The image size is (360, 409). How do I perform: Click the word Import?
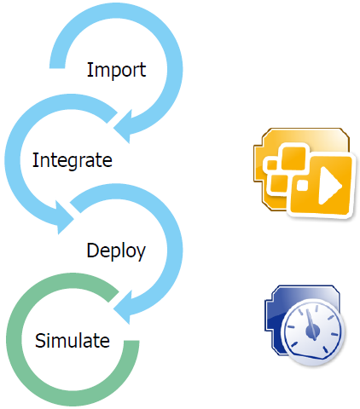click(x=116, y=70)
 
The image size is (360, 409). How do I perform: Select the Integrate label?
click(x=73, y=160)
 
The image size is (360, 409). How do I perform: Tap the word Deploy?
click(x=116, y=251)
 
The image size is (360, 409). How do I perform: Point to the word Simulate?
click(x=73, y=340)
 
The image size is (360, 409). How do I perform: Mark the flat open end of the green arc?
click(x=131, y=341)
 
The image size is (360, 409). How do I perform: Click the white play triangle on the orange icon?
click(x=330, y=185)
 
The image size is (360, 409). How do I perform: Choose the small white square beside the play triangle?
click(x=302, y=185)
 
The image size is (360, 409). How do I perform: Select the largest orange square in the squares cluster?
click(x=293, y=158)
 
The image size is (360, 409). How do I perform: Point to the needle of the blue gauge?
click(x=312, y=324)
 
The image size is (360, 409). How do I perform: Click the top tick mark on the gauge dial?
click(x=316, y=308)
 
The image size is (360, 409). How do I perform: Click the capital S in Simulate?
click(x=40, y=340)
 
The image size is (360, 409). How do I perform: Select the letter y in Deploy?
click(x=140, y=254)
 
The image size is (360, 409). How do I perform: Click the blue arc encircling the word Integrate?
click(x=13, y=160)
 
